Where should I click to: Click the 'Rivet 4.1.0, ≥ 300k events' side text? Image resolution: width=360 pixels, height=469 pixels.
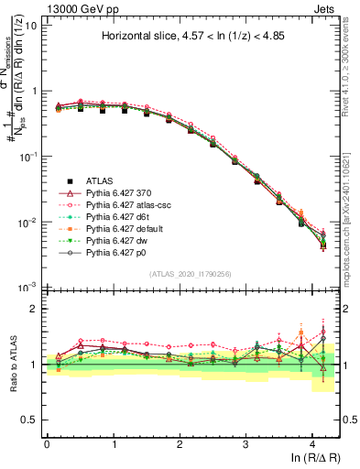(x=352, y=64)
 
